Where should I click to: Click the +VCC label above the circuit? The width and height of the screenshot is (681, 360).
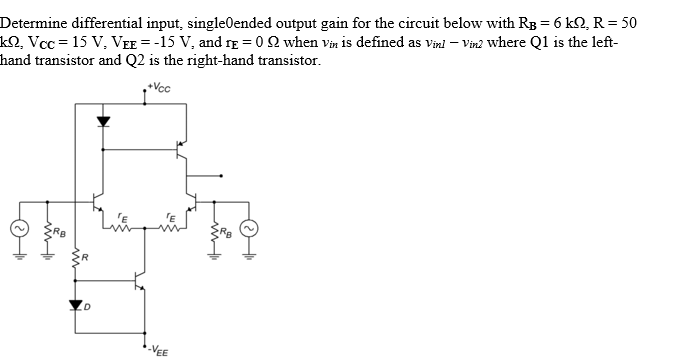160,87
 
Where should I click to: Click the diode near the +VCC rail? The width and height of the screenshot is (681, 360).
101,122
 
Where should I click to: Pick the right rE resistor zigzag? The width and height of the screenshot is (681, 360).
169,226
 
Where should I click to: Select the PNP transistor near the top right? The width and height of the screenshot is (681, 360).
180,150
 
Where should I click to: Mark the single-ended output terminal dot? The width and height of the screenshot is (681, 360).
221,176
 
